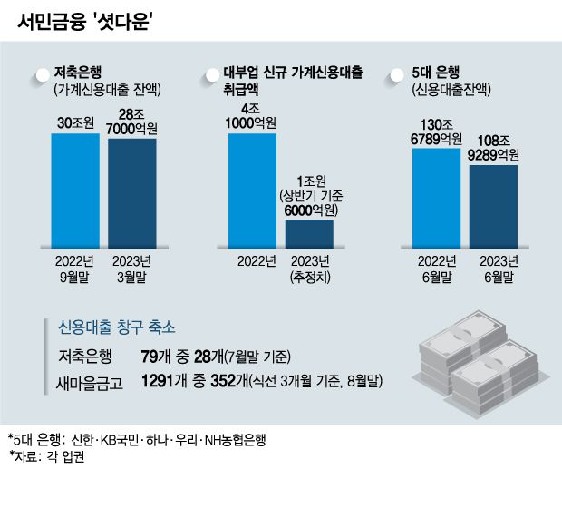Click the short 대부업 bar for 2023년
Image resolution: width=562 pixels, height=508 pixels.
pos(309,233)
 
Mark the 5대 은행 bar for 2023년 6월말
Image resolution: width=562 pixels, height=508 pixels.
pos(493,206)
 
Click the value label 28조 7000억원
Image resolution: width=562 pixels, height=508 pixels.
pos(132,122)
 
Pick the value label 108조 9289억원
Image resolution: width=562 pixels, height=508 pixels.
pos(494,148)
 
